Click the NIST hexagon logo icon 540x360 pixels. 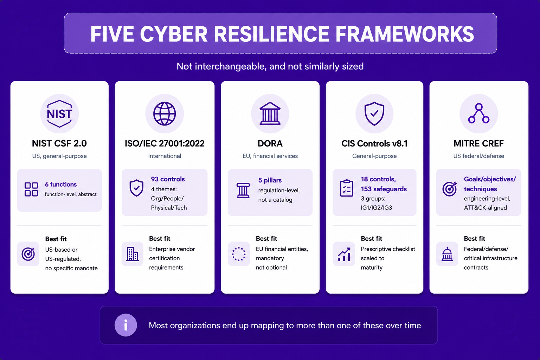click(59, 114)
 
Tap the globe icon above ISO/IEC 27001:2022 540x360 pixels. click(165, 114)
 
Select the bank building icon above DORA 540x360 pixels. click(270, 113)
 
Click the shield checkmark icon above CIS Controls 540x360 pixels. click(374, 114)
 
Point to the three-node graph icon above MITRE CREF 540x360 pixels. click(478, 113)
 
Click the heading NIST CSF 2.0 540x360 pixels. click(59, 143)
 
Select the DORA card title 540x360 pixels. click(270, 143)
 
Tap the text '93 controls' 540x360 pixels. click(168, 179)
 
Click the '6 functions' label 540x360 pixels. click(61, 185)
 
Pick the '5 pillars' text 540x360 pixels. click(270, 180)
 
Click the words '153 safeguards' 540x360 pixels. click(384, 189)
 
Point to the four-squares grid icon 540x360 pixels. click(31, 189)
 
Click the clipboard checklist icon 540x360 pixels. click(346, 188)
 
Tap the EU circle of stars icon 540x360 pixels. click(239, 254)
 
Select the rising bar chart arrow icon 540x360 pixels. click(344, 255)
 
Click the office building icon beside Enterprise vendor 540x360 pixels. click(132, 254)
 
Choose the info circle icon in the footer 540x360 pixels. click(126, 325)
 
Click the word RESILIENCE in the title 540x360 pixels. click(271, 34)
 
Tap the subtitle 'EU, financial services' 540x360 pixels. click(270, 156)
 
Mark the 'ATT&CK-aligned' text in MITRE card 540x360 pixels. click(485, 208)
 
